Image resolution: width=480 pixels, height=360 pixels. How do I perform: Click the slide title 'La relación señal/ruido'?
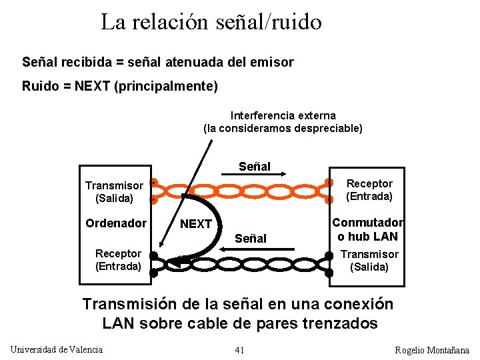tap(211, 23)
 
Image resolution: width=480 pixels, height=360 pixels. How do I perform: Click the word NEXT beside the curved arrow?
tap(196, 224)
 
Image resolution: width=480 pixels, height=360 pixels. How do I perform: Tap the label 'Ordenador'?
tap(116, 223)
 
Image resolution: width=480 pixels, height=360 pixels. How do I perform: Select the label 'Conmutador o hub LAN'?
tap(367, 229)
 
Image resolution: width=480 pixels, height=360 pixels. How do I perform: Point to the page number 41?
tap(240, 350)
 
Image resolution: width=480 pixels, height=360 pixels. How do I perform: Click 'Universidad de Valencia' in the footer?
tap(57, 349)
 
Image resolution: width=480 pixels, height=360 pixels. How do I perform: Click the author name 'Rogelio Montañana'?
tap(432, 350)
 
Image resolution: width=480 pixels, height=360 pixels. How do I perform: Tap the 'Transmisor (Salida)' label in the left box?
tap(114, 192)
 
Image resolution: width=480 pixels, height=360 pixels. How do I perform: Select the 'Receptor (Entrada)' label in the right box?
tap(369, 190)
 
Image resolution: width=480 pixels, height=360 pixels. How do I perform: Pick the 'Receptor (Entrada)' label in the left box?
tap(118, 260)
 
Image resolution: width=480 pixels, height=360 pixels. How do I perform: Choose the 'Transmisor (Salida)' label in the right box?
tap(369, 261)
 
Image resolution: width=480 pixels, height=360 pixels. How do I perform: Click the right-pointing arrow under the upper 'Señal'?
tap(255, 176)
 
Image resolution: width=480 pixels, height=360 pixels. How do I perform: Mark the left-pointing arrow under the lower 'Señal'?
tap(250, 248)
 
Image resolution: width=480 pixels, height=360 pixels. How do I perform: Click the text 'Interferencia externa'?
tap(283, 115)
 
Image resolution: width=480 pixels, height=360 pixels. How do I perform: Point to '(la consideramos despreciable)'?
tap(283, 128)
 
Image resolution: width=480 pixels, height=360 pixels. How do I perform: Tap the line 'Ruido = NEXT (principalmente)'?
tap(120, 86)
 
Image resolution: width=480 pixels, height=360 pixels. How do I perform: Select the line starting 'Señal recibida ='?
tap(157, 62)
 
